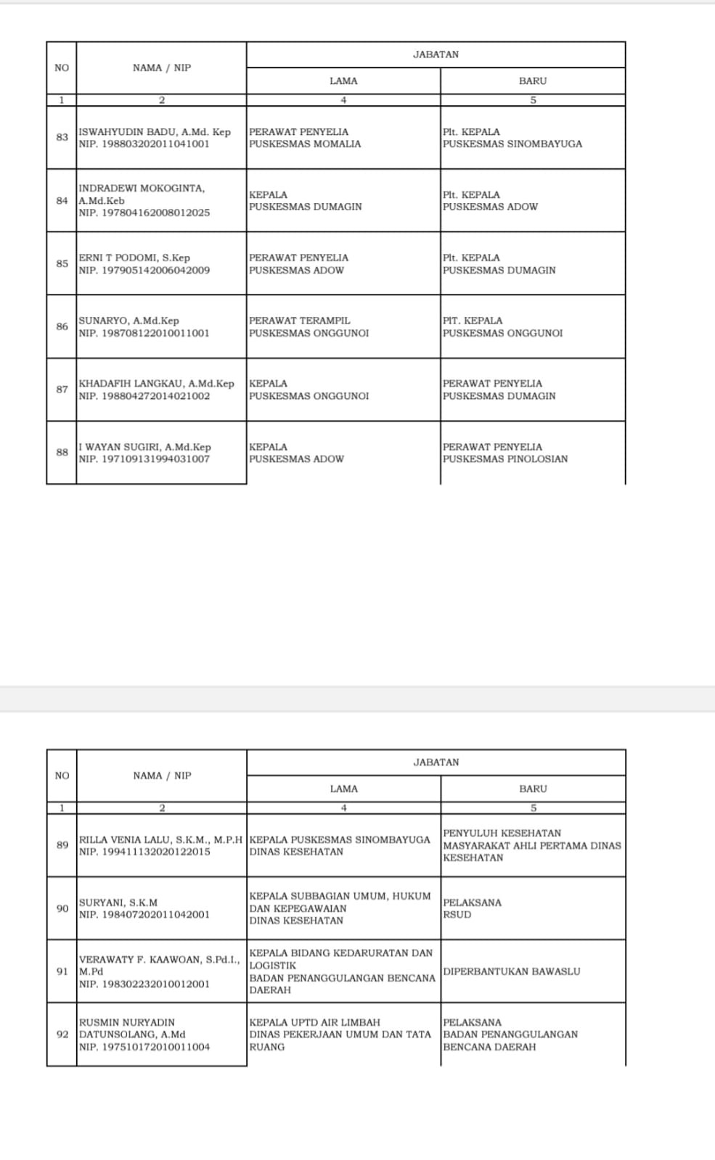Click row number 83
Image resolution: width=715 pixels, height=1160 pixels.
point(62,137)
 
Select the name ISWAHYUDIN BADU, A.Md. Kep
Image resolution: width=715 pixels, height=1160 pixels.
point(155,132)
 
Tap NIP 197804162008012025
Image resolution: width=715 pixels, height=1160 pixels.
point(144,213)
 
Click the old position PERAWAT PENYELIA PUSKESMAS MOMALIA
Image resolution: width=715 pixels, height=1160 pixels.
point(305,138)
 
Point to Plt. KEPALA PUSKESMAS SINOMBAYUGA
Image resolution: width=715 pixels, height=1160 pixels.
point(512,138)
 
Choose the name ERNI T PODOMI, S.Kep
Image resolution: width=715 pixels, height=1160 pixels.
point(134,258)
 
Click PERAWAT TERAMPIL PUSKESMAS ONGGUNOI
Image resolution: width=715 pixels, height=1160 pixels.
point(309,326)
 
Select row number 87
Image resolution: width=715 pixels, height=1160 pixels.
point(62,390)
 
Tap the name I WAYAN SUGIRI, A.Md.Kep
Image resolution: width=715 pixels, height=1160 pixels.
point(144,447)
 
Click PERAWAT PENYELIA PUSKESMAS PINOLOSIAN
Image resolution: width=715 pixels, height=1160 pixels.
point(505,453)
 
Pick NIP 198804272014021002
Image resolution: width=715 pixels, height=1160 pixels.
point(144,396)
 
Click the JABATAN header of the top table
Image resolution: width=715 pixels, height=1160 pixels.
point(436,54)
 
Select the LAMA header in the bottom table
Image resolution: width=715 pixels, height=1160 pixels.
point(343,789)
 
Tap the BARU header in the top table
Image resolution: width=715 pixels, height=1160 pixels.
point(532,81)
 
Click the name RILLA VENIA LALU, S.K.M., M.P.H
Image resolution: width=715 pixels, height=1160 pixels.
point(160,839)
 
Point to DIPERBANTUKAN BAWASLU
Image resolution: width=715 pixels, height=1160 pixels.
point(512,971)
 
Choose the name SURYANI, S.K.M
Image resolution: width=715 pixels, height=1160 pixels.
point(118,902)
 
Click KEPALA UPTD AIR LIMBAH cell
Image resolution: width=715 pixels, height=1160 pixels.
point(315,1022)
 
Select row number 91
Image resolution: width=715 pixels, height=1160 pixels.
point(62,971)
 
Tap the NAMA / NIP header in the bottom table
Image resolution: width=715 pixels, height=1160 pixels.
point(162,776)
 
